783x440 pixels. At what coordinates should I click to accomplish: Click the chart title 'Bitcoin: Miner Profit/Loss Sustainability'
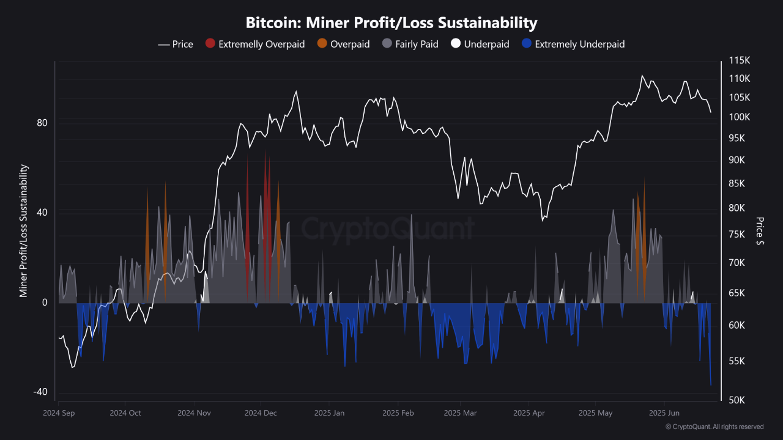click(x=391, y=23)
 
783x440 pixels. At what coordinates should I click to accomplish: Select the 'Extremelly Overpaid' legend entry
click(x=261, y=44)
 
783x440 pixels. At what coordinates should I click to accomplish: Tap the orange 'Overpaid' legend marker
click(x=322, y=44)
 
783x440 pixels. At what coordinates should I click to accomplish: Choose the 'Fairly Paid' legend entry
click(x=417, y=44)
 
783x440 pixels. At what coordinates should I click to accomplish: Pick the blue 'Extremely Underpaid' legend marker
click(x=527, y=44)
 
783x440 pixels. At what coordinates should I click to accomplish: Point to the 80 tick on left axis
click(x=42, y=123)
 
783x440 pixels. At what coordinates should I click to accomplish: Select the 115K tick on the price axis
click(x=739, y=61)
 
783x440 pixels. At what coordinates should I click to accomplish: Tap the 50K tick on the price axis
click(x=737, y=400)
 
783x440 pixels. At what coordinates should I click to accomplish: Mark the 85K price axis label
click(x=737, y=183)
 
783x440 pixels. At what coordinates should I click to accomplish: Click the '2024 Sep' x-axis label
click(x=59, y=413)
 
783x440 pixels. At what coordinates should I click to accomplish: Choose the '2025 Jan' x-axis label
click(x=328, y=413)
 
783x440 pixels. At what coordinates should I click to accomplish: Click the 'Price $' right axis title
click(x=760, y=231)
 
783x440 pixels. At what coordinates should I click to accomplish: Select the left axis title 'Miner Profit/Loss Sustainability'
click(x=24, y=231)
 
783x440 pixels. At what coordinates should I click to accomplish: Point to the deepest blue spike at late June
click(x=711, y=385)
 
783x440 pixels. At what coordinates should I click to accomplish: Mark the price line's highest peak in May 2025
click(x=642, y=76)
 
